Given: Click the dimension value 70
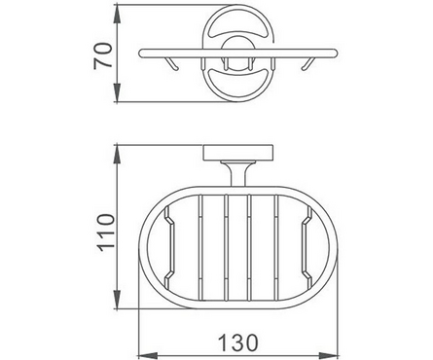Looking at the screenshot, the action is click(103, 55).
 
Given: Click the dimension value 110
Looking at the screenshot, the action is click(107, 233).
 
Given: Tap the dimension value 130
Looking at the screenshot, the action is click(238, 342).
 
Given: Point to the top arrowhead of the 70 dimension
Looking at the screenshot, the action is click(117, 15).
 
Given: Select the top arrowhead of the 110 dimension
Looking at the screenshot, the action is click(117, 155).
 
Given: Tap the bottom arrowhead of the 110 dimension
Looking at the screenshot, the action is click(117, 299).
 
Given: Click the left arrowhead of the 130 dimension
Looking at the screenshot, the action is click(148, 355).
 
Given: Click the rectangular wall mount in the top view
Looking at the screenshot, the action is click(238, 153).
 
